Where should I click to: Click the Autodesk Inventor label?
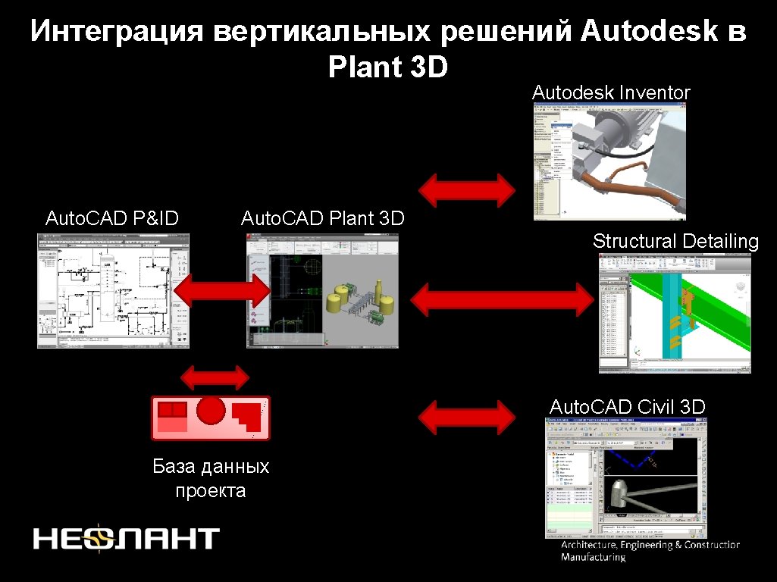pyautogui.click(x=611, y=93)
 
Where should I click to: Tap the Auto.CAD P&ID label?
pyautogui.click(x=112, y=219)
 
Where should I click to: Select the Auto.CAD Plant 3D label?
pyautogui.click(x=322, y=219)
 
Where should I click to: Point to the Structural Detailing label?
pyautogui.click(x=675, y=242)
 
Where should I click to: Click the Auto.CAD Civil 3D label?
pyautogui.click(x=627, y=407)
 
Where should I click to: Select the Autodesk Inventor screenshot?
pyautogui.click(x=609, y=161)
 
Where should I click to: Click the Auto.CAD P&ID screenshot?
pyautogui.click(x=113, y=291)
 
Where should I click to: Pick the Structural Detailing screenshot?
pyautogui.click(x=675, y=313)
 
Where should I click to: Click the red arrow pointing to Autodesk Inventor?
pyautogui.click(x=468, y=189)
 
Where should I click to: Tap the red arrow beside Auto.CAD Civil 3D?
pyautogui.click(x=468, y=415)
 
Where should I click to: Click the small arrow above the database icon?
pyautogui.click(x=215, y=377)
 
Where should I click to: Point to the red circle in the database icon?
pyautogui.click(x=211, y=410)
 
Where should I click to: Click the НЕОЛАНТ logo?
pyautogui.click(x=126, y=538)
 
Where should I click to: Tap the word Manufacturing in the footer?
pyautogui.click(x=593, y=558)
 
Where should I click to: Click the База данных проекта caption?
pyautogui.click(x=211, y=478)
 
